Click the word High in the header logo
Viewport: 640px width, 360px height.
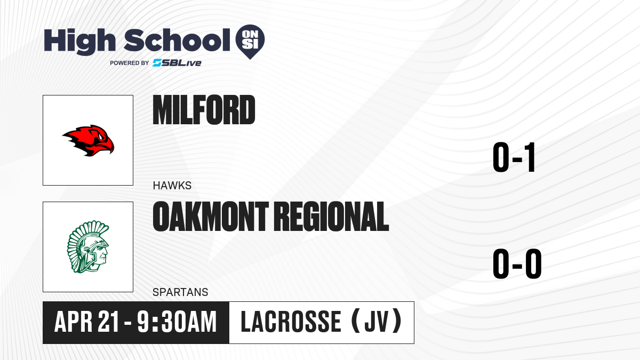[79, 41]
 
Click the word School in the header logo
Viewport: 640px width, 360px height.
[177, 40]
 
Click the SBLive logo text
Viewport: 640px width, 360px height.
[177, 62]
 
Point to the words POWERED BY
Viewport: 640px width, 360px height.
[130, 63]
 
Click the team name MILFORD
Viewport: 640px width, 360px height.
[204, 110]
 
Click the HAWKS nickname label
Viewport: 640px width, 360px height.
[172, 186]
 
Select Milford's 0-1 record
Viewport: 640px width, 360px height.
[514, 157]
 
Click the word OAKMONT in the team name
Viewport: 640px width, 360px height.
[211, 216]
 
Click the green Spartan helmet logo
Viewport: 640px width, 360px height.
[89, 247]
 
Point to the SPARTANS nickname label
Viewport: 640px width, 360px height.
[180, 292]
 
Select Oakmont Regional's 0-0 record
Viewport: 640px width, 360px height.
[517, 263]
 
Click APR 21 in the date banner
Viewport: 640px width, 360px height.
[86, 322]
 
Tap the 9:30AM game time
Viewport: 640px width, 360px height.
[177, 322]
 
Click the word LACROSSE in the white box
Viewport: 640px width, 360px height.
[291, 322]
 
